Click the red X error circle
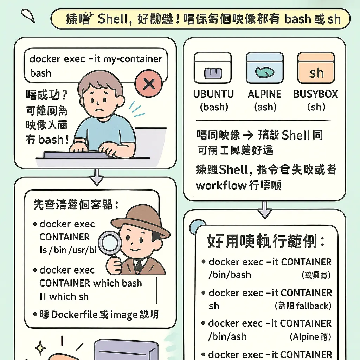(148, 83)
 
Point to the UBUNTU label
(213, 94)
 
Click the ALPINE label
(264, 94)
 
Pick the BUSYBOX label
(315, 94)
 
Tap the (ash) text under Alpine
(265, 107)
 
